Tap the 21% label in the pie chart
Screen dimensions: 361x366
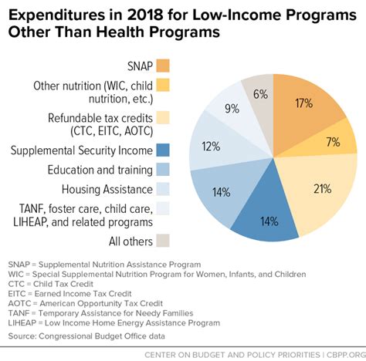point(323,187)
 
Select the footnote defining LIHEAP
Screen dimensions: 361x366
point(108,322)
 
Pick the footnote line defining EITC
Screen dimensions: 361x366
point(71,294)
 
